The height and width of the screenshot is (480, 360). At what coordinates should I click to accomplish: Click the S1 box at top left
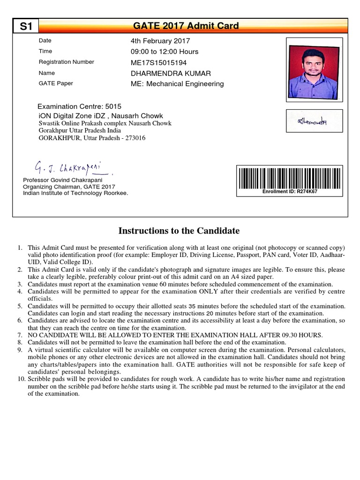(26, 27)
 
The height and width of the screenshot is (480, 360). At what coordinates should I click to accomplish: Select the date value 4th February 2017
(160, 41)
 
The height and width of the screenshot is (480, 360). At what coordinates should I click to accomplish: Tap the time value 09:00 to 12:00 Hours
(164, 52)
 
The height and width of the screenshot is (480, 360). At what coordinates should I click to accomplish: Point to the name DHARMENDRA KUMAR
(171, 73)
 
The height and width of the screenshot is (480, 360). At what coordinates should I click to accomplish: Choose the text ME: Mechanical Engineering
(177, 84)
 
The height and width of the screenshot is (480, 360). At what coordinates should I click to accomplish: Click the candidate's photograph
(314, 69)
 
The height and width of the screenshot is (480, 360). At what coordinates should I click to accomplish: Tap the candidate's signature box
(314, 121)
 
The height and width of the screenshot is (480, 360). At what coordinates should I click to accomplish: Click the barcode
(289, 178)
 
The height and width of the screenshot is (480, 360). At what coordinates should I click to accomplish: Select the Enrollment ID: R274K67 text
(290, 192)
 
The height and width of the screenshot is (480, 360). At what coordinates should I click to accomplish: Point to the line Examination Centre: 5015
(79, 106)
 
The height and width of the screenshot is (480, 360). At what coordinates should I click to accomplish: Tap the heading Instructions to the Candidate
(179, 231)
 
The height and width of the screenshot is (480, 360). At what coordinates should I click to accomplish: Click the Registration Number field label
(66, 62)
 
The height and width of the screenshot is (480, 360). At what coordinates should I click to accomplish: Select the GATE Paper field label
(56, 83)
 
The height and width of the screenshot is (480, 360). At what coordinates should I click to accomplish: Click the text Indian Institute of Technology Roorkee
(75, 193)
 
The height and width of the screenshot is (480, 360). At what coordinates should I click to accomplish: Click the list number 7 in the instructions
(20, 335)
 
